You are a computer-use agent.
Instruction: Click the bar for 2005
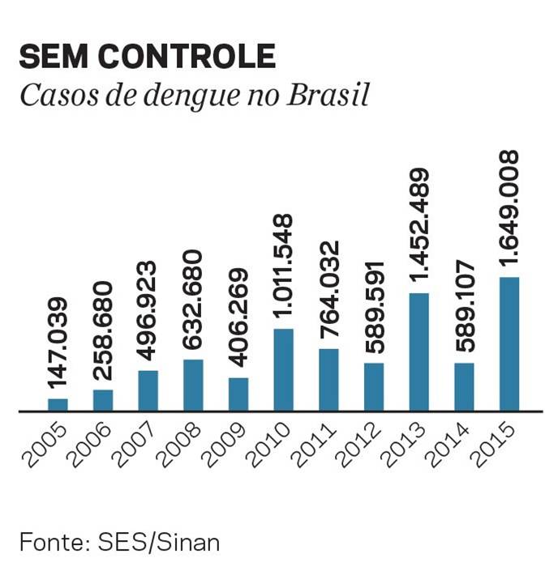coord(58,404)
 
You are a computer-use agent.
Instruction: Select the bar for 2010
coord(284,370)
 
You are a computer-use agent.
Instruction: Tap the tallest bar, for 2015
coord(509,344)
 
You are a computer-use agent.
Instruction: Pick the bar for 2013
coord(418,352)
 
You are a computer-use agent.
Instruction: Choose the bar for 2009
coord(238,394)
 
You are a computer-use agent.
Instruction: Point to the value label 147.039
coord(58,344)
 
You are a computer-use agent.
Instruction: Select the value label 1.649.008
coord(509,208)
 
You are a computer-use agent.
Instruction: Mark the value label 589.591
coord(374,309)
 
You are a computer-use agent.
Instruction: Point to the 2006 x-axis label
coord(91,447)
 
